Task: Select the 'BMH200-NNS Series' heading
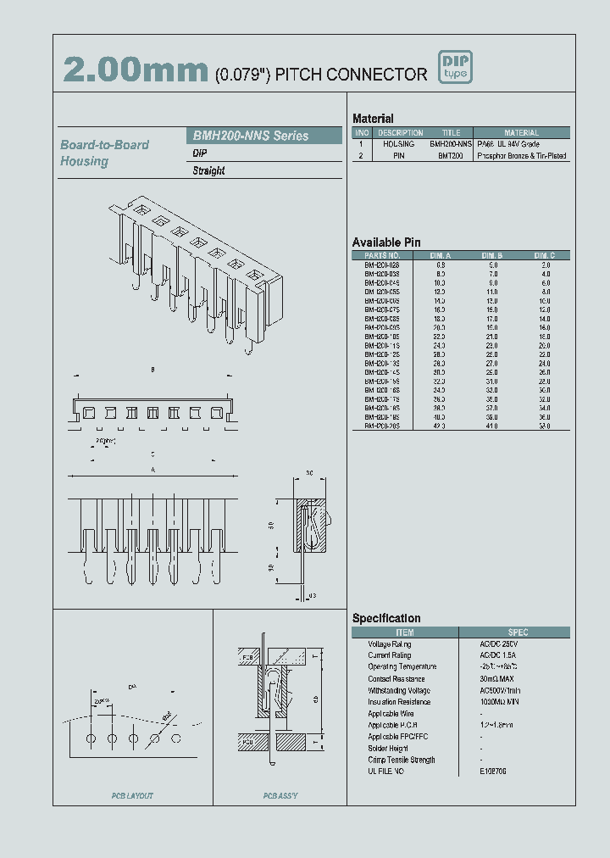click(251, 136)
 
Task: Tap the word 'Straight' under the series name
click(208, 170)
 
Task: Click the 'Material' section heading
click(373, 119)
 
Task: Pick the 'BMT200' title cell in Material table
click(451, 156)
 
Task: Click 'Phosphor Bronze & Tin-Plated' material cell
click(522, 156)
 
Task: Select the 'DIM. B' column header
click(492, 255)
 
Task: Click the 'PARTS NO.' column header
click(381, 255)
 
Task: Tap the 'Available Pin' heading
click(385, 242)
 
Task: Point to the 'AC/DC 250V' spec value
click(499, 644)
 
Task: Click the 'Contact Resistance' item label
click(396, 679)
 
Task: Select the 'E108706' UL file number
click(494, 772)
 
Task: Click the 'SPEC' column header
click(518, 632)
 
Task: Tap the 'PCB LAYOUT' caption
click(132, 796)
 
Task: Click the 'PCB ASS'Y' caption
click(280, 796)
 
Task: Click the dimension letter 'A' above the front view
click(152, 469)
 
